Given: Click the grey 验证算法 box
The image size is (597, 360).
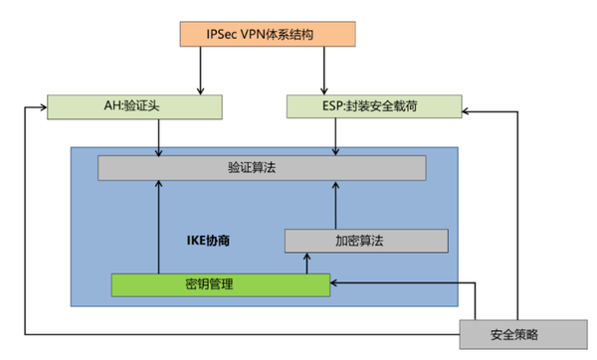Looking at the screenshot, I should [261, 168].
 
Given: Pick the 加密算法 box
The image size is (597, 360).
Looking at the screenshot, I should [366, 241].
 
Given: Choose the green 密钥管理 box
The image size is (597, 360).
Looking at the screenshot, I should [219, 284].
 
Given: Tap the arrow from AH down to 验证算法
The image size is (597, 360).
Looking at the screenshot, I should [159, 135].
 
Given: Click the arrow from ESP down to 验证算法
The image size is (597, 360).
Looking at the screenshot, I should [335, 135].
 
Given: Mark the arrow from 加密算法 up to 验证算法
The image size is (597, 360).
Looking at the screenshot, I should [335, 205].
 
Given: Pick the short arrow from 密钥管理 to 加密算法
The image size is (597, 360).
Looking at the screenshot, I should [306, 263].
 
